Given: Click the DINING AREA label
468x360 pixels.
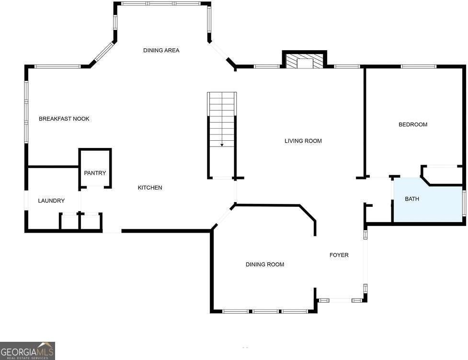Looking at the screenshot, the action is point(161,50).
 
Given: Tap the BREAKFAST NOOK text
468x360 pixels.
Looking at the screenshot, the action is point(64,119).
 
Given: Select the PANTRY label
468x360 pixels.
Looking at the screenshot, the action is point(95,173).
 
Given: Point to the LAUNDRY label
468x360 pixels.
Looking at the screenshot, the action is point(51,201).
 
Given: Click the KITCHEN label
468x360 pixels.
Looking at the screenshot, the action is point(150,188).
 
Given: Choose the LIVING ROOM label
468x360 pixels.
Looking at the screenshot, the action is point(303,141).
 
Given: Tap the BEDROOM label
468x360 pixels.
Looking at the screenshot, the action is point(413,124).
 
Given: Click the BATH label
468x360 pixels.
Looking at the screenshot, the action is point(412,199).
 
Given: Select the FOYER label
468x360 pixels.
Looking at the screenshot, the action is point(339,255).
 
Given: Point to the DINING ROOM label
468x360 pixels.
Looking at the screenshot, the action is point(265,264).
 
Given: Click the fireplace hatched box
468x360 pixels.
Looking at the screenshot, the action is point(305,61).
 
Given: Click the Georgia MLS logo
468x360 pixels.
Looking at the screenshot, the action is point(27,351).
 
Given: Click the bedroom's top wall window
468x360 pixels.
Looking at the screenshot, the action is point(419,67).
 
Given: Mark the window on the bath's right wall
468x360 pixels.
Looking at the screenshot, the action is point(464,203).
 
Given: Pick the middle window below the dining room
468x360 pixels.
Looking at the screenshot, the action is point(265,311).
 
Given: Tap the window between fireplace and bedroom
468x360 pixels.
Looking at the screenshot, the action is point(347,67).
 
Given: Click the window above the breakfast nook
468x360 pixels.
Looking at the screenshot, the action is point(57,67).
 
